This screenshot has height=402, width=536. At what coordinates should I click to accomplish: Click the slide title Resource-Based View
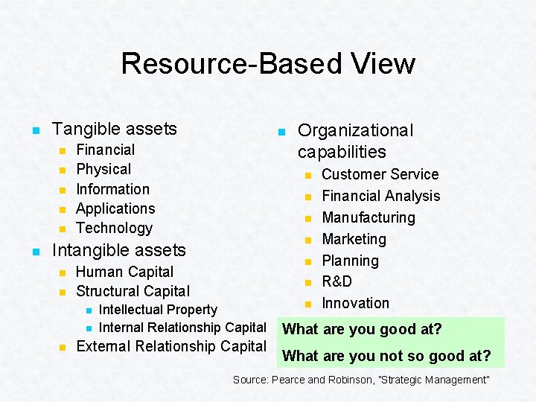point(268,63)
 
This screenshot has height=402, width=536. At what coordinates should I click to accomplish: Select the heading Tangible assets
point(115,129)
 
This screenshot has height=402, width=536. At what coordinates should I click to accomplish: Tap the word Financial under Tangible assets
point(106,150)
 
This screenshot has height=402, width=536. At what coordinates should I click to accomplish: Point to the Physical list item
point(103,170)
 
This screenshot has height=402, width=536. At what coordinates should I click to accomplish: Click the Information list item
point(112,189)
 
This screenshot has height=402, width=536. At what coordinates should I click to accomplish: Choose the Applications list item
point(115,208)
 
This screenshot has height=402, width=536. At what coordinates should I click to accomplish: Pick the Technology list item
point(114,228)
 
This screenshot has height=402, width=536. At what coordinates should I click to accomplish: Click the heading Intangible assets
point(119,249)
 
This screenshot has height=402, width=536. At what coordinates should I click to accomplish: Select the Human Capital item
point(124,272)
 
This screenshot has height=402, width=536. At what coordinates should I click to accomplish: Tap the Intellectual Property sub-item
point(158,310)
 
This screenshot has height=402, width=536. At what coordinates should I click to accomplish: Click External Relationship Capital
point(171,346)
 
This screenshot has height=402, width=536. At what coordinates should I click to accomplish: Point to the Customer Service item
point(380,174)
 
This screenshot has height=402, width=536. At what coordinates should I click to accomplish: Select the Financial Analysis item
point(380,196)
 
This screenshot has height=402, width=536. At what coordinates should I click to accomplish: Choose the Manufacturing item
point(368,217)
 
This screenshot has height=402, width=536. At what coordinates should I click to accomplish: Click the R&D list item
point(336,281)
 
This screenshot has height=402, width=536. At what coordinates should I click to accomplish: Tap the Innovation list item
point(355,303)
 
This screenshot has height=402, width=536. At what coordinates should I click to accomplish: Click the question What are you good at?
point(363,329)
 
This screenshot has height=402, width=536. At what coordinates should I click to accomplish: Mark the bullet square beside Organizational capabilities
point(281,132)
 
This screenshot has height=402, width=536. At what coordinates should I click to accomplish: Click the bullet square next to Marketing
point(306,240)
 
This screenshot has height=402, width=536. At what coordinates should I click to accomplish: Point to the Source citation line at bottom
point(361,380)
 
